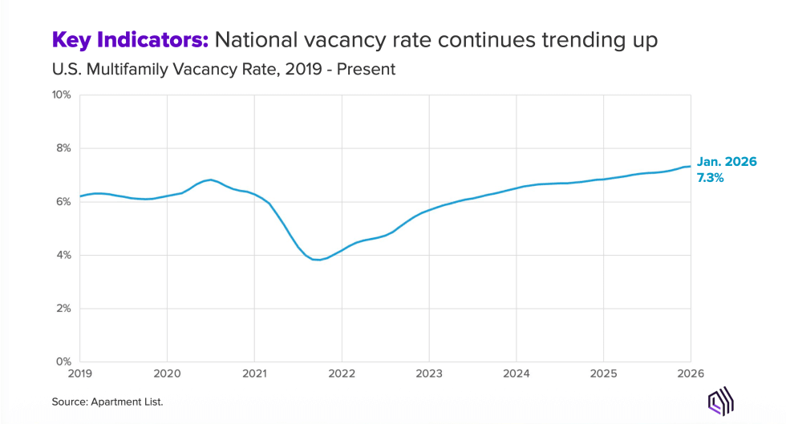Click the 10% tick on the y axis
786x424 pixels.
click(61, 95)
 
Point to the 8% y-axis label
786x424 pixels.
click(63, 148)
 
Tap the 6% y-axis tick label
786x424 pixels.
click(63, 201)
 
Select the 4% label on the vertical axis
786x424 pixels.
click(63, 255)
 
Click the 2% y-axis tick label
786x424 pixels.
click(63, 309)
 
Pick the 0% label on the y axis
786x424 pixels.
click(63, 361)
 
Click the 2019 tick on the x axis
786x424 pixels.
click(79, 373)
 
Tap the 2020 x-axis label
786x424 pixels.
click(167, 373)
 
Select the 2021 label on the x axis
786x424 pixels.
click(254, 373)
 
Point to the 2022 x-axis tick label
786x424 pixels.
click(342, 373)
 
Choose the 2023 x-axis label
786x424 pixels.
click(429, 373)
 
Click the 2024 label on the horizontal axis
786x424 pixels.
click(517, 373)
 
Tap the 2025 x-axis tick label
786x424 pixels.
click(604, 373)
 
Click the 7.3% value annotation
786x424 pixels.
click(711, 178)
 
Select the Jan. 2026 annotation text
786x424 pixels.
click(726, 162)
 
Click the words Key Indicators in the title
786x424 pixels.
click(131, 39)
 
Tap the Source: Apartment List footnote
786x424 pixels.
click(108, 401)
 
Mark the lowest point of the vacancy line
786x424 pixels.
click(318, 260)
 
